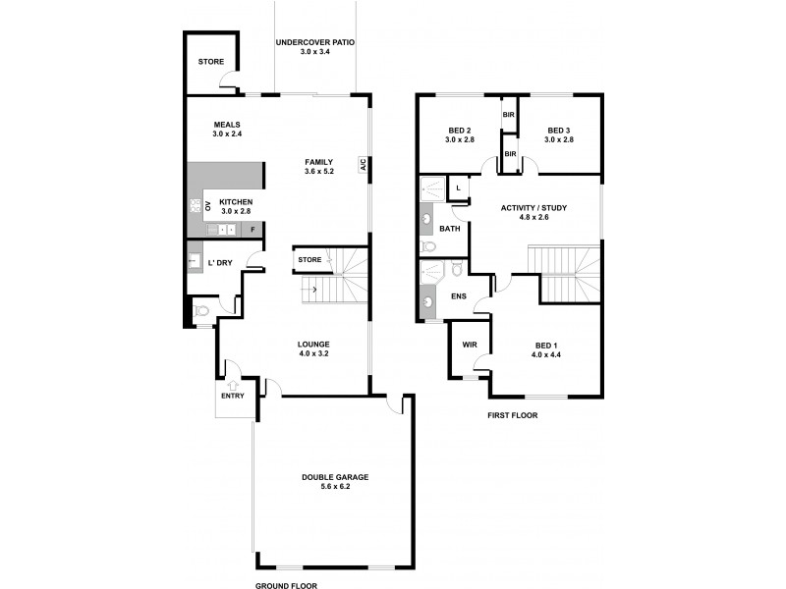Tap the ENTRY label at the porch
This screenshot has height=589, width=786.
(x=234, y=398)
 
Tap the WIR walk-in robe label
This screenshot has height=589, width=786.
(x=468, y=345)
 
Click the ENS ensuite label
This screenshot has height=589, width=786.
(x=458, y=294)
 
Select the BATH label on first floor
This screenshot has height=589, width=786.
(x=450, y=228)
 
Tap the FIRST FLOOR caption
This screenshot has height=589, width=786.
(x=512, y=415)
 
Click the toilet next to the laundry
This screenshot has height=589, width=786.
(x=201, y=310)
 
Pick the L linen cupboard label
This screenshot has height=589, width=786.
(x=459, y=187)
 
